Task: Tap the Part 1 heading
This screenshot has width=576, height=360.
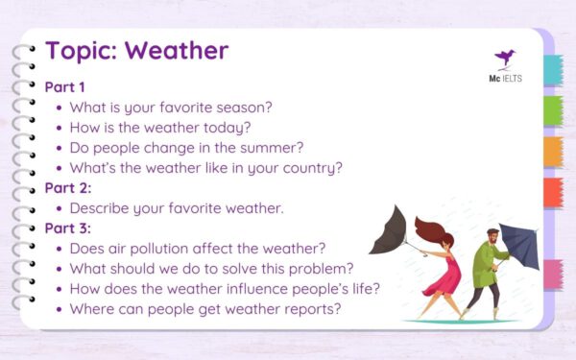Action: pos(64,86)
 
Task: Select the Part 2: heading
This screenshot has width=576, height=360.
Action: pos(66,187)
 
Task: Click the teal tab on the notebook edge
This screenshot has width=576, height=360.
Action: pos(553,70)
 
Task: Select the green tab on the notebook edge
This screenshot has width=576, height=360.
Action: pos(553,111)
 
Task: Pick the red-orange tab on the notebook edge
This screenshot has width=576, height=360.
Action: pos(553,192)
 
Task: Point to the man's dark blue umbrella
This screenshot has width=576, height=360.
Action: pos(518,245)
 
